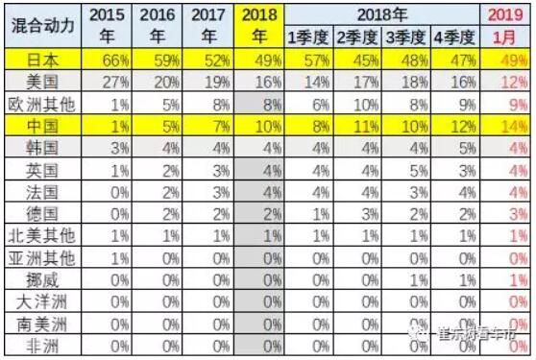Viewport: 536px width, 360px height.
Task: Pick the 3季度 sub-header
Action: pyautogui.click(x=403, y=37)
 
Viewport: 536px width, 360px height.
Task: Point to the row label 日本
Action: pyautogui.click(x=39, y=60)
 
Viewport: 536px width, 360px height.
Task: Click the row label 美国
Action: pyautogui.click(x=39, y=82)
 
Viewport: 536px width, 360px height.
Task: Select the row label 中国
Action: pyautogui.click(x=39, y=125)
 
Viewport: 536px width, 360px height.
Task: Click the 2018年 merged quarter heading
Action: pyautogui.click(x=381, y=13)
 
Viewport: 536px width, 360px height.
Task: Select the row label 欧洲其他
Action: pyautogui.click(x=39, y=103)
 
